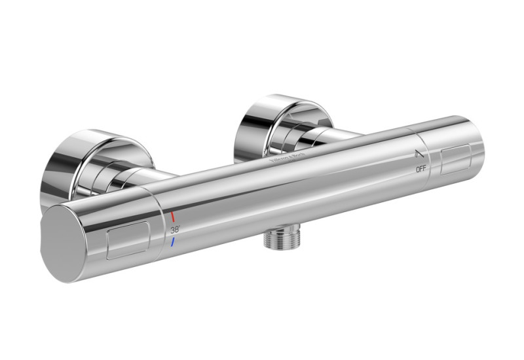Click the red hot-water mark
pyautogui.click(x=173, y=216)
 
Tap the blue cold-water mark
pyautogui.click(x=173, y=243)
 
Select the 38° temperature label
pyautogui.click(x=175, y=230)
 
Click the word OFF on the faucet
pyautogui.click(x=421, y=169)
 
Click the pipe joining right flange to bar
pyautogui.click(x=334, y=135)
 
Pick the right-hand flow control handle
pyautogui.click(x=452, y=154)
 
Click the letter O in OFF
pyautogui.click(x=417, y=169)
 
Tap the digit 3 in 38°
pyautogui.click(x=173, y=230)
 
